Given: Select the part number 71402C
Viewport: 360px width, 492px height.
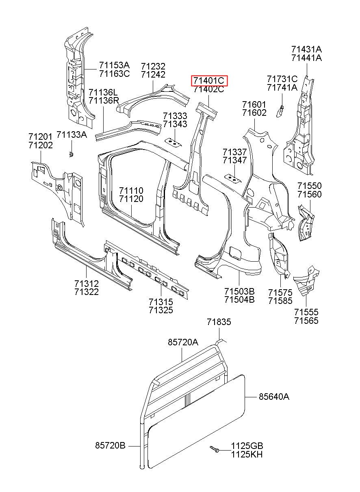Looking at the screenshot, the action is point(209,89).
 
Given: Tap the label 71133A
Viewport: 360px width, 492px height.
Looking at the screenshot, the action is point(72,134).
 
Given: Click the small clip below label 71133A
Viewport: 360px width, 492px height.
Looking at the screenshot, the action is point(71,154).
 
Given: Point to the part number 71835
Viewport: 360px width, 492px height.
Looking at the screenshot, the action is point(219,322).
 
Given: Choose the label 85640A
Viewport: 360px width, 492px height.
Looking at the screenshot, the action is point(274,397).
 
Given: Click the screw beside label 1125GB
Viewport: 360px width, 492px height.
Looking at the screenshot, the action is point(215,449).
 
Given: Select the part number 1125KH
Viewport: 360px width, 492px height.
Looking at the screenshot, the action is point(247,454).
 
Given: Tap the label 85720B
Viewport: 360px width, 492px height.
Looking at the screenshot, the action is point(110,445).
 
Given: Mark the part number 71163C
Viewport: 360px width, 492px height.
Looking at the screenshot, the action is point(115,74).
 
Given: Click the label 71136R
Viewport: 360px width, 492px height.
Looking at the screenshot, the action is point(104,101).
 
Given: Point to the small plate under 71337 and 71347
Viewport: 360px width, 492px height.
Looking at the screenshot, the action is point(232,178).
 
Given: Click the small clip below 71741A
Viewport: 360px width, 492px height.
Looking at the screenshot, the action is point(280,111).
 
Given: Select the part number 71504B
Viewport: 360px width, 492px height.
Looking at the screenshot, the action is point(239,299).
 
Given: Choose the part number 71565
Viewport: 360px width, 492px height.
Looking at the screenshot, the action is point(306,321).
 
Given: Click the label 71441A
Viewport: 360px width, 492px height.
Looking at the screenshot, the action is point(307,58).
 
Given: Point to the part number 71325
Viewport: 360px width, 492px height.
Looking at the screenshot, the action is point(161,310).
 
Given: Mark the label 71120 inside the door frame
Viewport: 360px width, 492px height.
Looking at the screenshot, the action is point(131,199).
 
